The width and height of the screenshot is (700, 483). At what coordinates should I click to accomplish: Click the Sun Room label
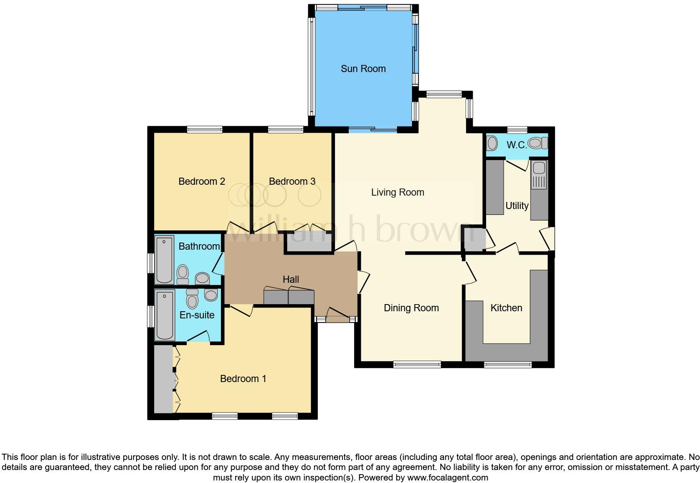(363, 69)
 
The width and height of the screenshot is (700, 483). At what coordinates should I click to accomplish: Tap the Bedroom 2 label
(202, 181)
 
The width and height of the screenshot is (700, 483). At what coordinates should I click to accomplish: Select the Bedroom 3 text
(292, 181)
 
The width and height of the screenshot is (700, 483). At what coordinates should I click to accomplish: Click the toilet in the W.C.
(538, 144)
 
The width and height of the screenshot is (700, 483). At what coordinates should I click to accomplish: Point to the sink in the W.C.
(492, 144)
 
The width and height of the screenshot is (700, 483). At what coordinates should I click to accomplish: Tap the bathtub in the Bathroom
(164, 260)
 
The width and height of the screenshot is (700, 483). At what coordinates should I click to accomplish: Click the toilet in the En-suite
(192, 299)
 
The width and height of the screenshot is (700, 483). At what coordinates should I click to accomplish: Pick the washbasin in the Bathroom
(203, 278)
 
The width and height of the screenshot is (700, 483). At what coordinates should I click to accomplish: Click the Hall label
(291, 279)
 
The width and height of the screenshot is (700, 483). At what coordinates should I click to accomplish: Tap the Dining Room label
(411, 308)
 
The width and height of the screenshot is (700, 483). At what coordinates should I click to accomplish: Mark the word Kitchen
(506, 308)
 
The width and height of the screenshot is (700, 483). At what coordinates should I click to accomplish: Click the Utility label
(517, 206)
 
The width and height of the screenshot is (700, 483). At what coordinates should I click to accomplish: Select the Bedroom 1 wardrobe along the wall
(163, 379)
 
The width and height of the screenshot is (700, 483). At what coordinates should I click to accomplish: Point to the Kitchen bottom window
(507, 365)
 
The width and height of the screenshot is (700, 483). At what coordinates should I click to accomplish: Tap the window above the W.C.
(517, 129)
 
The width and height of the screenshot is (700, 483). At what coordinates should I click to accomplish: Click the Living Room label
(397, 192)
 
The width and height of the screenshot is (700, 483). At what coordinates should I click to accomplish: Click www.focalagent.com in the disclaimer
(448, 478)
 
